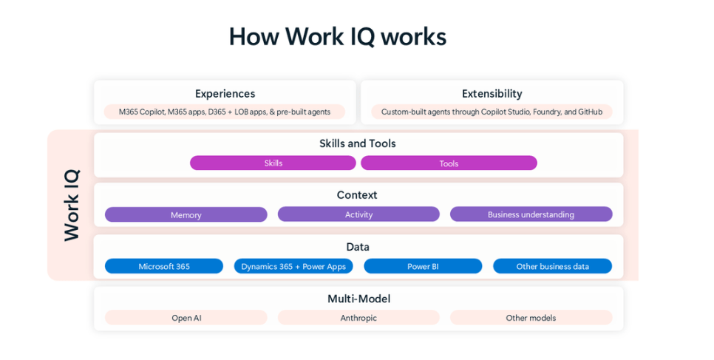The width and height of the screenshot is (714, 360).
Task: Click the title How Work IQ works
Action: click(x=338, y=36)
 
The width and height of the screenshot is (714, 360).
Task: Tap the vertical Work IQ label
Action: click(x=72, y=205)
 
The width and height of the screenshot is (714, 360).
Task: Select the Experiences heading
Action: click(x=225, y=94)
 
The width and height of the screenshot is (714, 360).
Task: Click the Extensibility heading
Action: click(x=492, y=94)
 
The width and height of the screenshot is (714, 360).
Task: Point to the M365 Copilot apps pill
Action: click(x=225, y=112)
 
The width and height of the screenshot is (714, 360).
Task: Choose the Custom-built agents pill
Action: click(x=492, y=112)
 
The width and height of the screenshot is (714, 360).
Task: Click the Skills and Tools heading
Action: click(x=358, y=143)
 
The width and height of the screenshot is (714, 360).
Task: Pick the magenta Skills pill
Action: click(x=273, y=163)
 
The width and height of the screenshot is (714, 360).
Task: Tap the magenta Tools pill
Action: click(x=449, y=163)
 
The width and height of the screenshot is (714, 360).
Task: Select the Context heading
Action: click(x=357, y=195)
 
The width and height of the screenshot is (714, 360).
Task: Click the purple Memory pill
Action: click(x=186, y=214)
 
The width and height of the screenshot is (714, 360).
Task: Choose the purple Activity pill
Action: click(x=358, y=214)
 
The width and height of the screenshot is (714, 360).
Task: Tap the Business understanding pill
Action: click(x=531, y=214)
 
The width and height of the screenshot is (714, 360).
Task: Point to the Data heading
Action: click(x=358, y=247)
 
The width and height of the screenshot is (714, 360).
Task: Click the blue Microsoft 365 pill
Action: click(x=164, y=266)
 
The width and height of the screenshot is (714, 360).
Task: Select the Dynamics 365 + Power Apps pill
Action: click(x=293, y=266)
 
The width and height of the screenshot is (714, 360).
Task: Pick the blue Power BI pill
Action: click(x=423, y=266)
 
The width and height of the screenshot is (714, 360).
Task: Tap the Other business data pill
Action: click(x=552, y=266)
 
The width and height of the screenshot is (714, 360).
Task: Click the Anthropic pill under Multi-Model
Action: click(x=358, y=318)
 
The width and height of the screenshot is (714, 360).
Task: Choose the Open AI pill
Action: click(x=186, y=318)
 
